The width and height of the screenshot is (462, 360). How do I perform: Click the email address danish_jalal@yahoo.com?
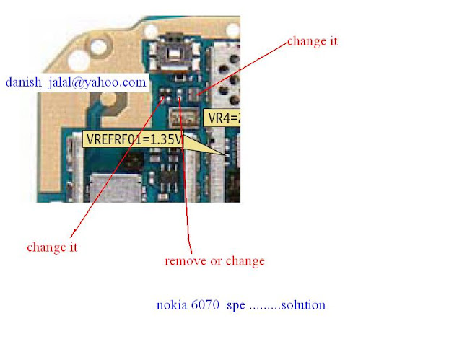(76, 83)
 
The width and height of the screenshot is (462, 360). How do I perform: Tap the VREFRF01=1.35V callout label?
(133, 139)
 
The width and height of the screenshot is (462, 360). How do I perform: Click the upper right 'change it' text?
(312, 41)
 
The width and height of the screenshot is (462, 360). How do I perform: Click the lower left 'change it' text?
(52, 247)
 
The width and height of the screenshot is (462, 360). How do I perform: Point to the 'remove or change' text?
(214, 260)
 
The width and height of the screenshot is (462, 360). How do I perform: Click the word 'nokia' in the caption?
(171, 305)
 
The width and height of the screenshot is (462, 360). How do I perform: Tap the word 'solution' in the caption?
(302, 305)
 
